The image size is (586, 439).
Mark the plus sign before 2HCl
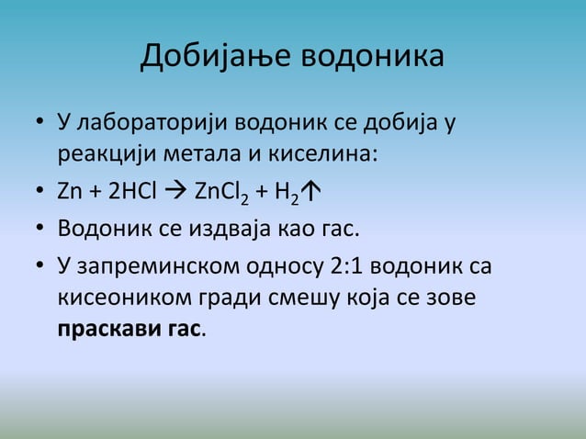(x=96, y=192)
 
